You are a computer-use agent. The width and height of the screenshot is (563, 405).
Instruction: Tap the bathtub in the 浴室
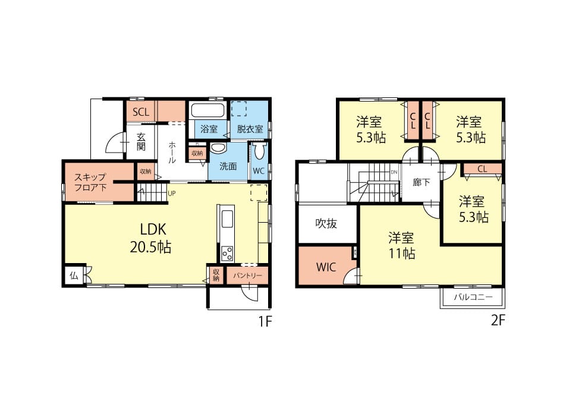pyautogui.click(x=207, y=110)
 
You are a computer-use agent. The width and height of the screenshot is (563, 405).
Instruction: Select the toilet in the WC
pyautogui.click(x=259, y=152)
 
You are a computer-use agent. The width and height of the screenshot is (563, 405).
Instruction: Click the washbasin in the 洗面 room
pyautogui.click(x=218, y=148)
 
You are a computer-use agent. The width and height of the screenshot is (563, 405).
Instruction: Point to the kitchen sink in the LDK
pyautogui.click(x=227, y=219)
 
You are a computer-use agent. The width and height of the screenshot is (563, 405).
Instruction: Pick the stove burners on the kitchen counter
pyautogui.click(x=227, y=254)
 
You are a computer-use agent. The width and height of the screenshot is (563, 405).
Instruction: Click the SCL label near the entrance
pyautogui.click(x=141, y=112)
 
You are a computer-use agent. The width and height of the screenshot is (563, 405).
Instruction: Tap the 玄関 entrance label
pyautogui.click(x=141, y=142)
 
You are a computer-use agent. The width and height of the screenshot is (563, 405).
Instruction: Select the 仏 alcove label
pyautogui.click(x=74, y=276)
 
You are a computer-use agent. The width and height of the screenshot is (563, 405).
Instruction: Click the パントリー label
pyautogui.click(x=247, y=276)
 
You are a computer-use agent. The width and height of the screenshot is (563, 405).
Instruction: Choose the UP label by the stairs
pyautogui.click(x=172, y=194)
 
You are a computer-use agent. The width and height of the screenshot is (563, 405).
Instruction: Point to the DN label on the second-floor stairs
pyautogui.click(x=394, y=172)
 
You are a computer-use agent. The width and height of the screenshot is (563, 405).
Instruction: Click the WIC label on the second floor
pyautogui.click(x=326, y=267)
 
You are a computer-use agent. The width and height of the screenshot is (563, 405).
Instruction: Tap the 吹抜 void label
pyautogui.click(x=326, y=223)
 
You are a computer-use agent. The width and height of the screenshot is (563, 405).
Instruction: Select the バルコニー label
pyautogui.click(x=473, y=297)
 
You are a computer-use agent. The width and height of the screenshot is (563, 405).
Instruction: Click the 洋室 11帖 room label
pyautogui.click(x=401, y=246)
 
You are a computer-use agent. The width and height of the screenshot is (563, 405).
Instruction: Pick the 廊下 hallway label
pyautogui.click(x=421, y=182)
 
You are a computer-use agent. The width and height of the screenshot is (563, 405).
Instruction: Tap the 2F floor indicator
pyautogui.click(x=498, y=320)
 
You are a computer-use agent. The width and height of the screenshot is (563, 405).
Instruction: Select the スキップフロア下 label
pyautogui.click(x=90, y=182)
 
